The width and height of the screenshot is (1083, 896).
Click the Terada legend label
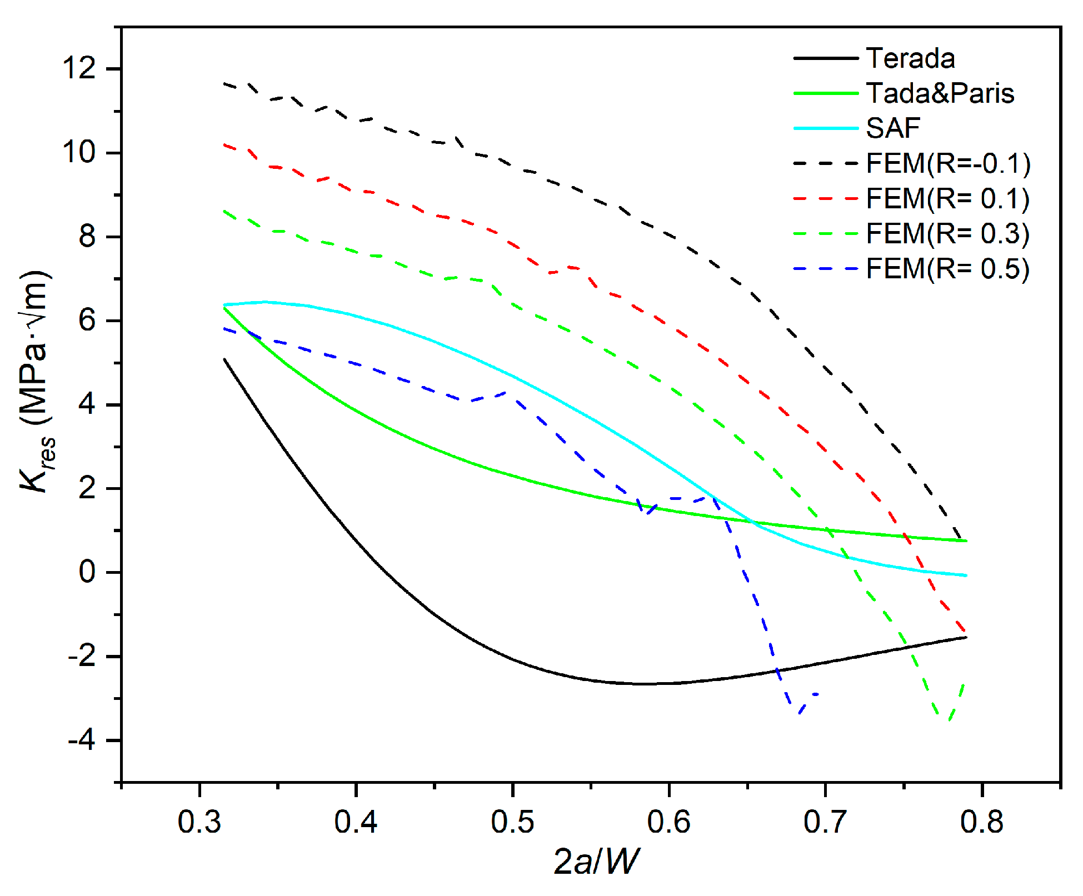[x=910, y=58]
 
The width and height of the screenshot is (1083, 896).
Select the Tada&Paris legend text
[x=940, y=93]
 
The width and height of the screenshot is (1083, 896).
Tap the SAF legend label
[x=892, y=128]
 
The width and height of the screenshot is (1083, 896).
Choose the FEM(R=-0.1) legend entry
[x=948, y=163]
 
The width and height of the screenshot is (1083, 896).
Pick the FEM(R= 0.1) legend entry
[x=948, y=199]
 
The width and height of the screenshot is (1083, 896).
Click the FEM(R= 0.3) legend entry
[x=948, y=234]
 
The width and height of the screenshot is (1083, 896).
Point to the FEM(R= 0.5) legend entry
[x=948, y=269]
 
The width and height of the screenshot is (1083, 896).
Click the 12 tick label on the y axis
[x=79, y=69]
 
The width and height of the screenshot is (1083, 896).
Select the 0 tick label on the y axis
[x=87, y=572]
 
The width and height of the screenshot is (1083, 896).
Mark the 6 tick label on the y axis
[x=87, y=321]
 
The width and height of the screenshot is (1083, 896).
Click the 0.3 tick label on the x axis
[x=199, y=822]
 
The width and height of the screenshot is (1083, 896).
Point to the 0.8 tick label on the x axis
[x=982, y=822]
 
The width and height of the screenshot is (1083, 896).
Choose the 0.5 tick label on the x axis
[x=512, y=822]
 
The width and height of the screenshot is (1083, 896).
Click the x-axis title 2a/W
[x=597, y=862]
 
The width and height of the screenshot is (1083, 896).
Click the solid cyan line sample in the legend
[x=826, y=128]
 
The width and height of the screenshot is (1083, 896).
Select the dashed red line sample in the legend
[x=826, y=199]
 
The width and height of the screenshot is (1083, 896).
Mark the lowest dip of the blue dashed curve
[x=798, y=713]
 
